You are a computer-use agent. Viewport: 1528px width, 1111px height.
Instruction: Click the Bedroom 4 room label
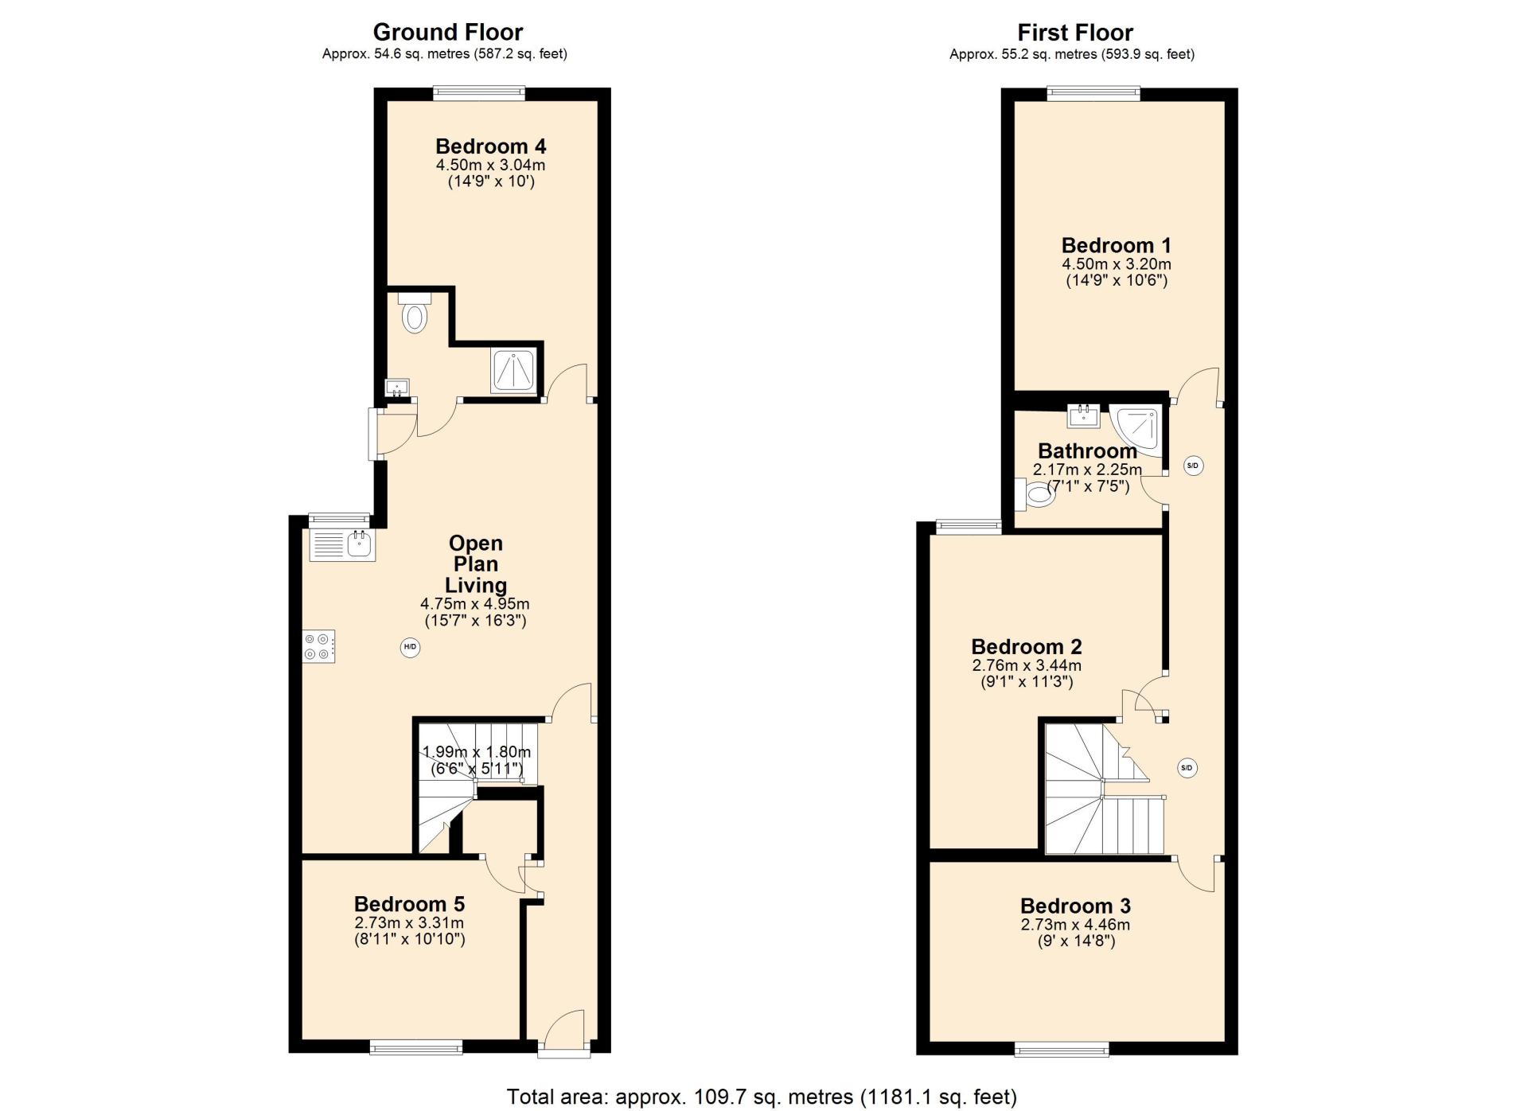pos(490,146)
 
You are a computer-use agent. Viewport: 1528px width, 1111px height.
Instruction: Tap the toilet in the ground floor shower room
pos(414,312)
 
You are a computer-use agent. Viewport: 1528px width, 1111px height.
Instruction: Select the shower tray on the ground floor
pos(514,371)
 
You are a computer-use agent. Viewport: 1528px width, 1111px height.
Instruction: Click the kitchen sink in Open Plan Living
pos(342,546)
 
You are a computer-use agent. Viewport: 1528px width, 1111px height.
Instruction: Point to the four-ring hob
pos(318,645)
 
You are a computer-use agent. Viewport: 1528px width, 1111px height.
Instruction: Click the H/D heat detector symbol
pos(410,647)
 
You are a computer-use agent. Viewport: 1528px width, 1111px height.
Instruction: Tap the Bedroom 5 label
pos(409,904)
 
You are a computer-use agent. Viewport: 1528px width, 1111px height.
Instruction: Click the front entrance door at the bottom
pos(563,1033)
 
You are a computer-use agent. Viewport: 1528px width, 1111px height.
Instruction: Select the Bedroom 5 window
pos(416,1047)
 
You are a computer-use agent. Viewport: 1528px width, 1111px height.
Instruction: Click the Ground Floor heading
pos(448,32)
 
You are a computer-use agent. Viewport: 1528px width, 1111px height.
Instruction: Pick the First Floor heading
pos(1075,32)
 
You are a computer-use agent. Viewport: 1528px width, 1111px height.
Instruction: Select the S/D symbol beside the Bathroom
pos(1192,466)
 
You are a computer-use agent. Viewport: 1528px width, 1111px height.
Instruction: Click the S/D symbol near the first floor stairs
pos(1187,768)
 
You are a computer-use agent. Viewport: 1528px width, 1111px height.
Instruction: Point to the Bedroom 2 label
pos(1027,646)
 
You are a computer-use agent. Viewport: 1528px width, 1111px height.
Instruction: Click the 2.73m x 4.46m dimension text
pos(1075,925)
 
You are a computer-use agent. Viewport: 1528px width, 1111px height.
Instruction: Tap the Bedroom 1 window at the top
pos(1094,93)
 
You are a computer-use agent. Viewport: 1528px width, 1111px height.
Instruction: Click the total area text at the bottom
pos(762,1097)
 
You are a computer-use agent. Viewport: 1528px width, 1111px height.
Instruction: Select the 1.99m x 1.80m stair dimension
pos(477,751)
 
